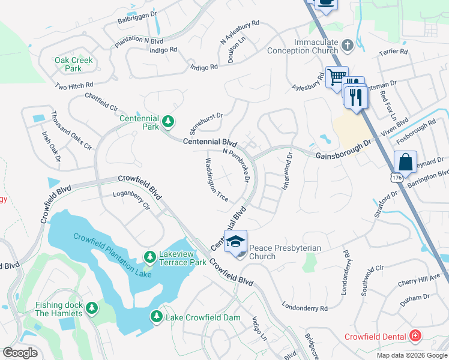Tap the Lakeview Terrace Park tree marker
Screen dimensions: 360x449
coord(149,257)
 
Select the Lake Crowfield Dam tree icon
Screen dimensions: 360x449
coord(157,316)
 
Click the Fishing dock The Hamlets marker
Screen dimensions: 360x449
coord(91,308)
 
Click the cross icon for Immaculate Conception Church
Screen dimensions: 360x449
coord(347,46)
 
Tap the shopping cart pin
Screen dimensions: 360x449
coord(337,76)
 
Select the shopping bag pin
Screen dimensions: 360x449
coord(406,162)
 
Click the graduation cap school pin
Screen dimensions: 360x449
coord(235,241)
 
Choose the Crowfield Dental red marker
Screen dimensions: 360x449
coord(414,335)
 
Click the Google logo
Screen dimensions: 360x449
coord(20,352)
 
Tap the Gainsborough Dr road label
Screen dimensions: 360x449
coord(343,151)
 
